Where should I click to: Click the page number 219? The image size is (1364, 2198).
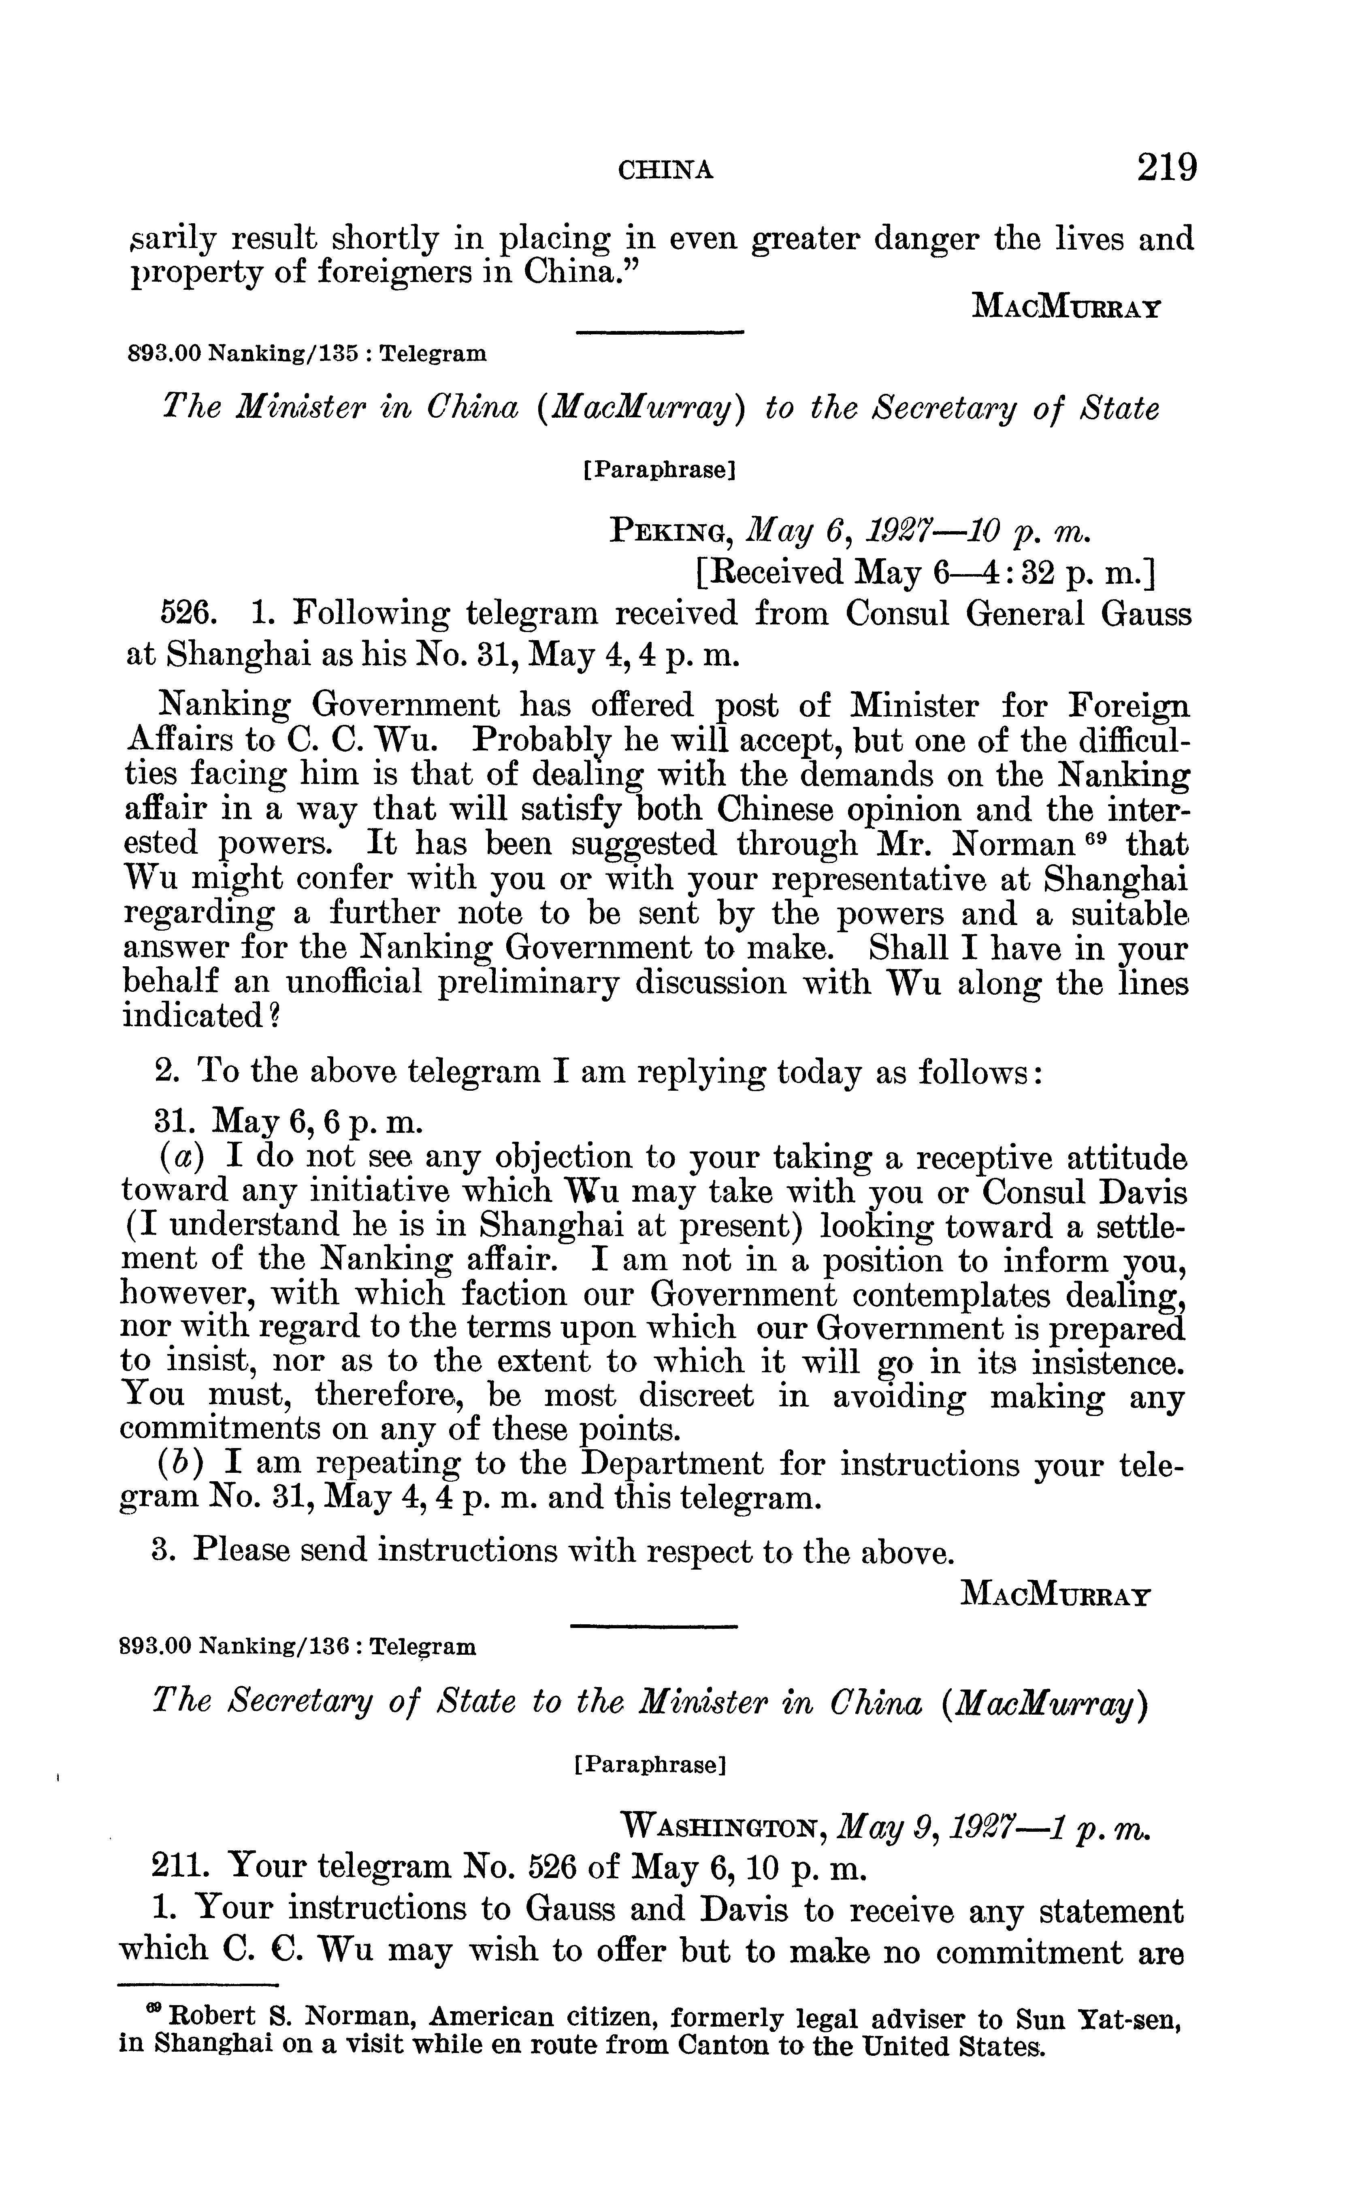(1166, 168)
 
